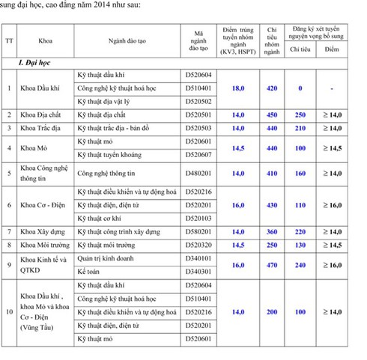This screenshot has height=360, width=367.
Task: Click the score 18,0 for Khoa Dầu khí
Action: click(x=238, y=88)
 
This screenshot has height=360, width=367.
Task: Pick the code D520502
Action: click(x=198, y=101)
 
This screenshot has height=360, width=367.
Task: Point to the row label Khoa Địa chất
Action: click(x=41, y=115)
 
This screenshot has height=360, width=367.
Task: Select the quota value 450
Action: click(x=272, y=115)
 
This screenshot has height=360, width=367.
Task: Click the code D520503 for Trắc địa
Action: click(x=198, y=128)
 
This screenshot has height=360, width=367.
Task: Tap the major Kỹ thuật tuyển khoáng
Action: click(x=112, y=154)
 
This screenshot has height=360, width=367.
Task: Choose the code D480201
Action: click(x=198, y=173)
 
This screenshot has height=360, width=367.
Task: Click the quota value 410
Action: click(x=272, y=173)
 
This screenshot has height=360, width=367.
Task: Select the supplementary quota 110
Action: click(x=300, y=205)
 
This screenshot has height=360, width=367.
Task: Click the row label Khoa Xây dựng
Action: click(x=42, y=231)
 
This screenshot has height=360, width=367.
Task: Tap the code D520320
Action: click(x=198, y=245)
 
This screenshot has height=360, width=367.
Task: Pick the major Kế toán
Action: click(x=92, y=272)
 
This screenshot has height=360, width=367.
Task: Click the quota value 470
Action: click(x=272, y=265)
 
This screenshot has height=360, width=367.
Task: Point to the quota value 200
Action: click(x=272, y=312)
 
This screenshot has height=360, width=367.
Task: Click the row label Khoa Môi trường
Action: click(x=43, y=245)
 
